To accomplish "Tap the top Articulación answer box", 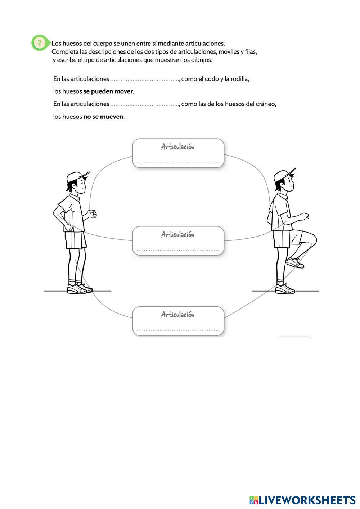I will (178, 153).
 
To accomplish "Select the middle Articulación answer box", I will (178, 241).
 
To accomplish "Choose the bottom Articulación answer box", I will (178, 321).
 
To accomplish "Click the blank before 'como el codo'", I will (144, 79).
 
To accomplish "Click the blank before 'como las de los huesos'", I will (144, 104).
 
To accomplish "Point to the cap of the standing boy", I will (76, 177).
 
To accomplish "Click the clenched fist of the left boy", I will (93, 213).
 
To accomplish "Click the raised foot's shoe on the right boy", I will (296, 263).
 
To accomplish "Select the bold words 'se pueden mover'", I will (108, 91).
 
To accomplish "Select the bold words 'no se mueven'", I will (103, 117).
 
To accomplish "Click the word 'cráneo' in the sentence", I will (266, 104).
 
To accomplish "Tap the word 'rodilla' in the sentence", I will (239, 79).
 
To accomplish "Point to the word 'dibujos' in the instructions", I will (202, 60).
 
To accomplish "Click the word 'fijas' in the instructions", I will (251, 52).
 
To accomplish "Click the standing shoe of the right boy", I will (285, 288).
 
